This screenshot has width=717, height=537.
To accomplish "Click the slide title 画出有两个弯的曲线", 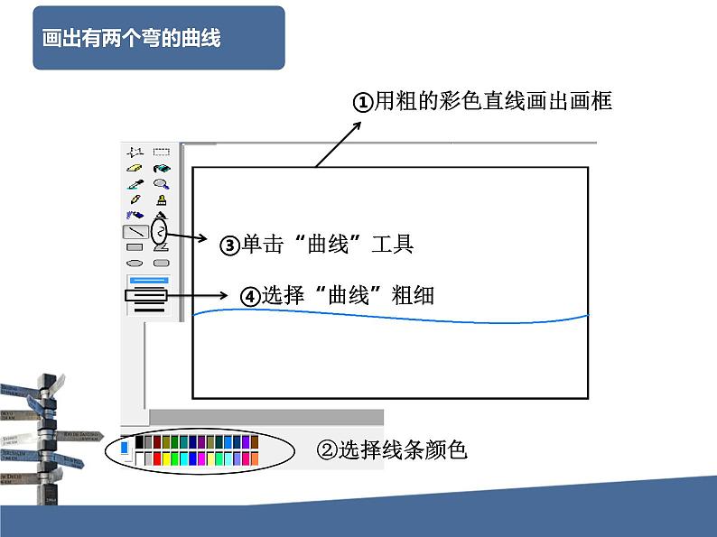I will (132, 39).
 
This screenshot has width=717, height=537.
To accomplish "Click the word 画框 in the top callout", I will (592, 101).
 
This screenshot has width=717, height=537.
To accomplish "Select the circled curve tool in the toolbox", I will (161, 232).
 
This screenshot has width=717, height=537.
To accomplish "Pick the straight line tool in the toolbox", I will (135, 232).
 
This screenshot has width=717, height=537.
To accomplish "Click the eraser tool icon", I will (135, 168).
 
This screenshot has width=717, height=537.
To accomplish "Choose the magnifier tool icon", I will (161, 183).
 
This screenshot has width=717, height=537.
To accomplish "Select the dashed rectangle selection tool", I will (161, 152).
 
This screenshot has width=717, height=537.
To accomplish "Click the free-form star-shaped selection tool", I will (135, 152).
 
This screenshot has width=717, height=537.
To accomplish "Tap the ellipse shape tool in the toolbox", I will (135, 263).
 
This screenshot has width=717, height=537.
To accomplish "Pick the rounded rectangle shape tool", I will (161, 263).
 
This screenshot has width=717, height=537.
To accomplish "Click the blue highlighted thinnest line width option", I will (148, 280).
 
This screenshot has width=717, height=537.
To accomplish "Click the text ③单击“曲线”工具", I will (317, 244).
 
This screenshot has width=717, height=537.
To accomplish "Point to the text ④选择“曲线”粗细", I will (337, 295).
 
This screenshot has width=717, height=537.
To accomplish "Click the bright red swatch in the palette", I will (156, 458).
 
